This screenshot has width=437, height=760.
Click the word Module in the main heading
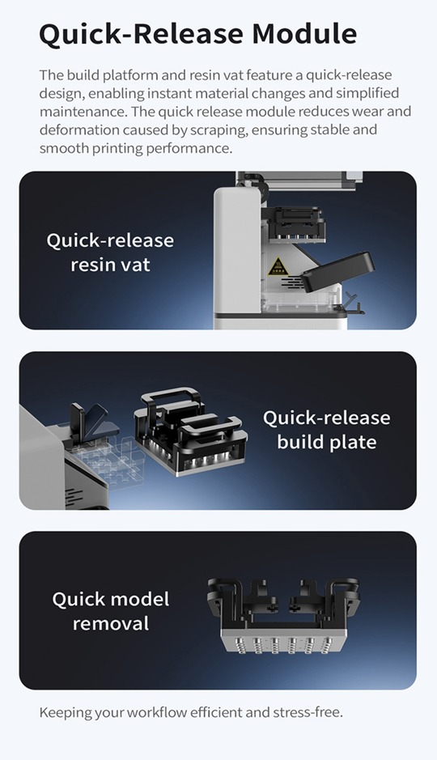click(304, 34)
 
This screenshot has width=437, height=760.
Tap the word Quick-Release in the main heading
click(141, 35)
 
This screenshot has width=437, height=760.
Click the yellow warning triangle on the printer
click(278, 266)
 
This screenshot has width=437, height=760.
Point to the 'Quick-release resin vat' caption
click(110, 253)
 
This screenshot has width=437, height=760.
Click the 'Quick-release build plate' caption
click(327, 430)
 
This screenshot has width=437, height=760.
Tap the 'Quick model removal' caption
click(110, 611)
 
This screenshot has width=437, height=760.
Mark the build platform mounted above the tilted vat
click(297, 225)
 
